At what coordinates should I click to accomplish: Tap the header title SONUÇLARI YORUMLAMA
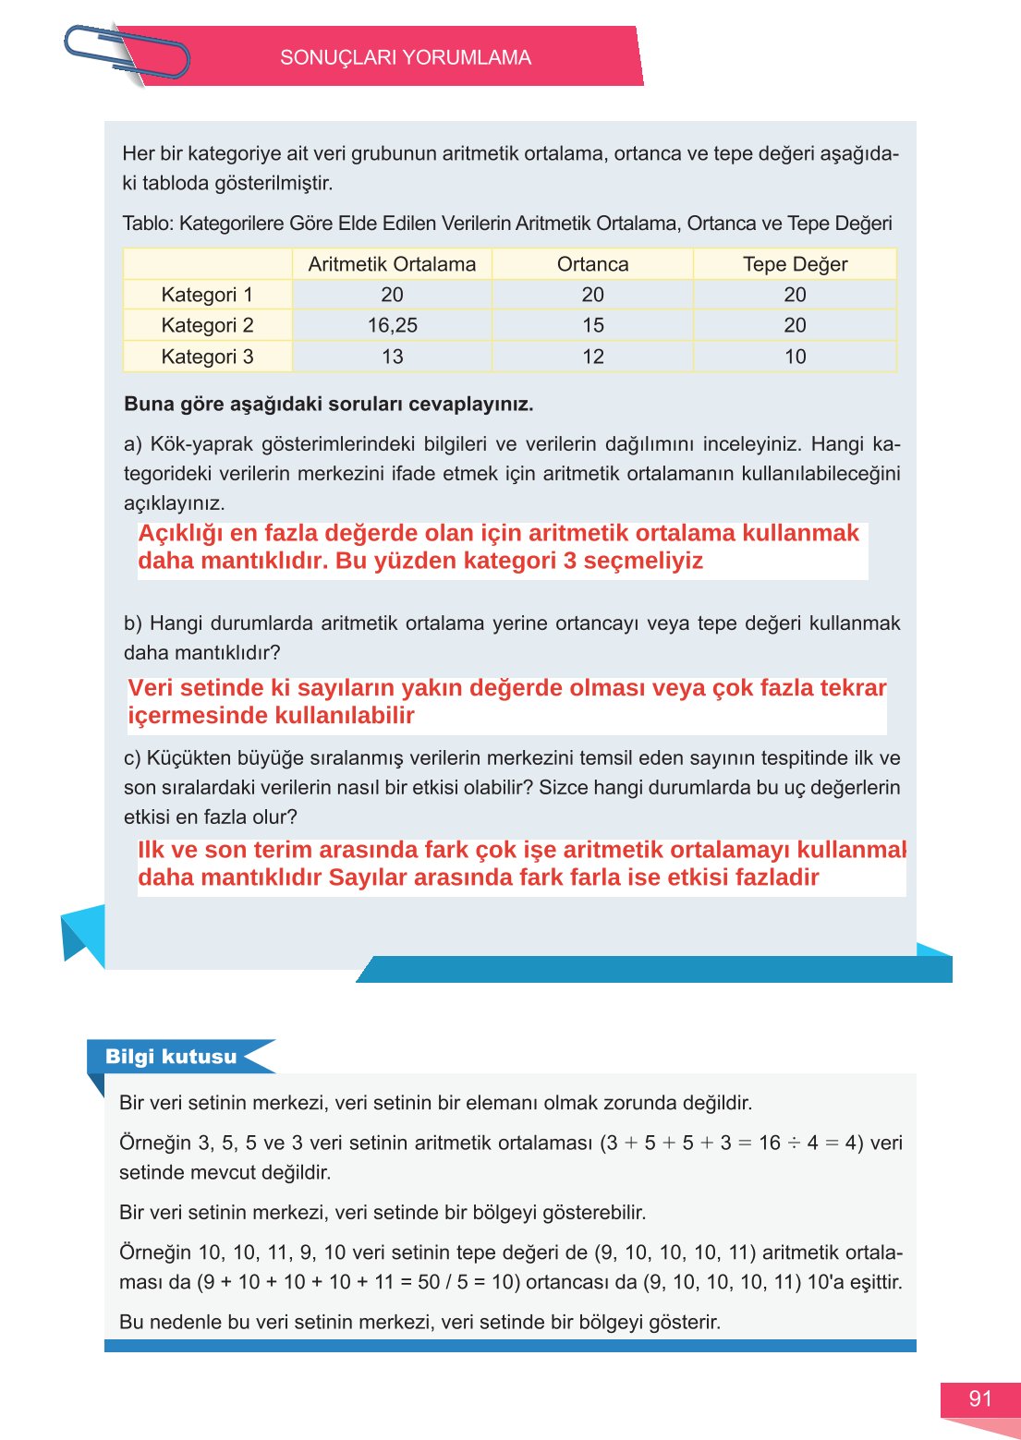405,57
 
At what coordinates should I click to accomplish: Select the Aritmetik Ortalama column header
392,264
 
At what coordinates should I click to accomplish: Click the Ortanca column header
592,264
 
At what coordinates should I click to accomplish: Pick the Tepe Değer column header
795,264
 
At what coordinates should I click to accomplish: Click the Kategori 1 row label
207,295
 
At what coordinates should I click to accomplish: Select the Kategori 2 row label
207,325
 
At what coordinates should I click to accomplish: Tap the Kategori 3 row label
207,357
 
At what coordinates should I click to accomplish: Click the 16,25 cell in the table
392,325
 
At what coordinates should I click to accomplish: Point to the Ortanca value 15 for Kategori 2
592,325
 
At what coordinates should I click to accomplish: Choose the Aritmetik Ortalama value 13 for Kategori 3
392,357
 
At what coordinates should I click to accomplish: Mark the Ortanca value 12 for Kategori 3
592,357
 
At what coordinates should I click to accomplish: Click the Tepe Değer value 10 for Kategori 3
795,357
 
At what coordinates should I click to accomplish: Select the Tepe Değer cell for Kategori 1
795,295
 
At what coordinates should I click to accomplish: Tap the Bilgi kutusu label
171,1057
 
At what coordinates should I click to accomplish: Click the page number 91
979,1399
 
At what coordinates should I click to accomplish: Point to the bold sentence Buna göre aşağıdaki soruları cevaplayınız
328,405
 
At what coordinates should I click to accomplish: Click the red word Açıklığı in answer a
180,534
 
